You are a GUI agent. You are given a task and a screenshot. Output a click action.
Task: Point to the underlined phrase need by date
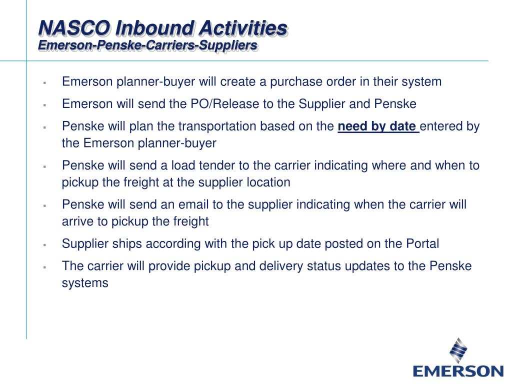click(377, 126)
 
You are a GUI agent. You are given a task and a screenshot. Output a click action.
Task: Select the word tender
click(190, 165)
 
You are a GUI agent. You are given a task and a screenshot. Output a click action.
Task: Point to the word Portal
click(421, 244)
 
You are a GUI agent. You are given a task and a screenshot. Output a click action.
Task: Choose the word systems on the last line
click(85, 283)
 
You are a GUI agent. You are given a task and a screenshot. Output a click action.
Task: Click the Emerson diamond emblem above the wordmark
click(458, 349)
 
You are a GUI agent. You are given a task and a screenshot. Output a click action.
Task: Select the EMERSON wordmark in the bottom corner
click(458, 371)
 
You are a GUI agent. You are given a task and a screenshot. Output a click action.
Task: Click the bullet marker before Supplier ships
click(44, 245)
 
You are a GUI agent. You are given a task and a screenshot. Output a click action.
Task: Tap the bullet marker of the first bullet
click(44, 82)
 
